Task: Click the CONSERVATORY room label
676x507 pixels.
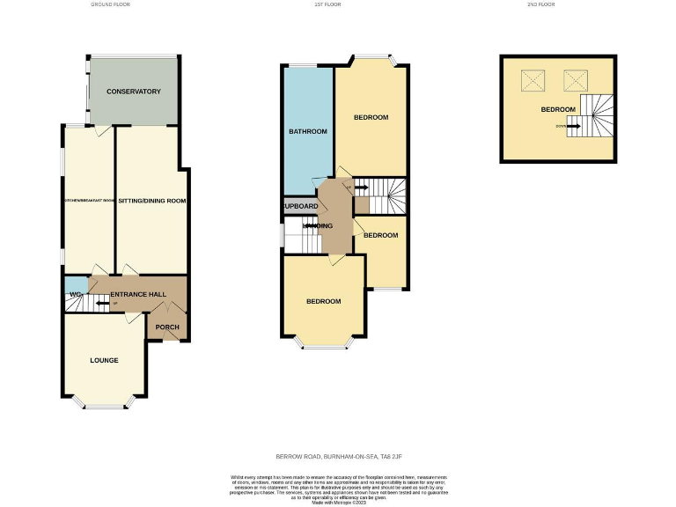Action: point(133,92)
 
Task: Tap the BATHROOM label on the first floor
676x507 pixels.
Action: point(308,132)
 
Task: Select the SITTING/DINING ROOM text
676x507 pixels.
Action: point(151,201)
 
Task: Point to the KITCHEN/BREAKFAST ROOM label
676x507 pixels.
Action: point(89,201)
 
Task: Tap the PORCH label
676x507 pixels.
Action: point(167,327)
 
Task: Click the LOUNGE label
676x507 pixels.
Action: point(104,360)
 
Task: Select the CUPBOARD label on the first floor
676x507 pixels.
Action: point(299,208)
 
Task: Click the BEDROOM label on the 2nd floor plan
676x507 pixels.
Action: point(558,109)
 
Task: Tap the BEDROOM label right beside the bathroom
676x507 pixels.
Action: point(371,117)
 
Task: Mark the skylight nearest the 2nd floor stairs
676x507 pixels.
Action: point(574,81)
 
